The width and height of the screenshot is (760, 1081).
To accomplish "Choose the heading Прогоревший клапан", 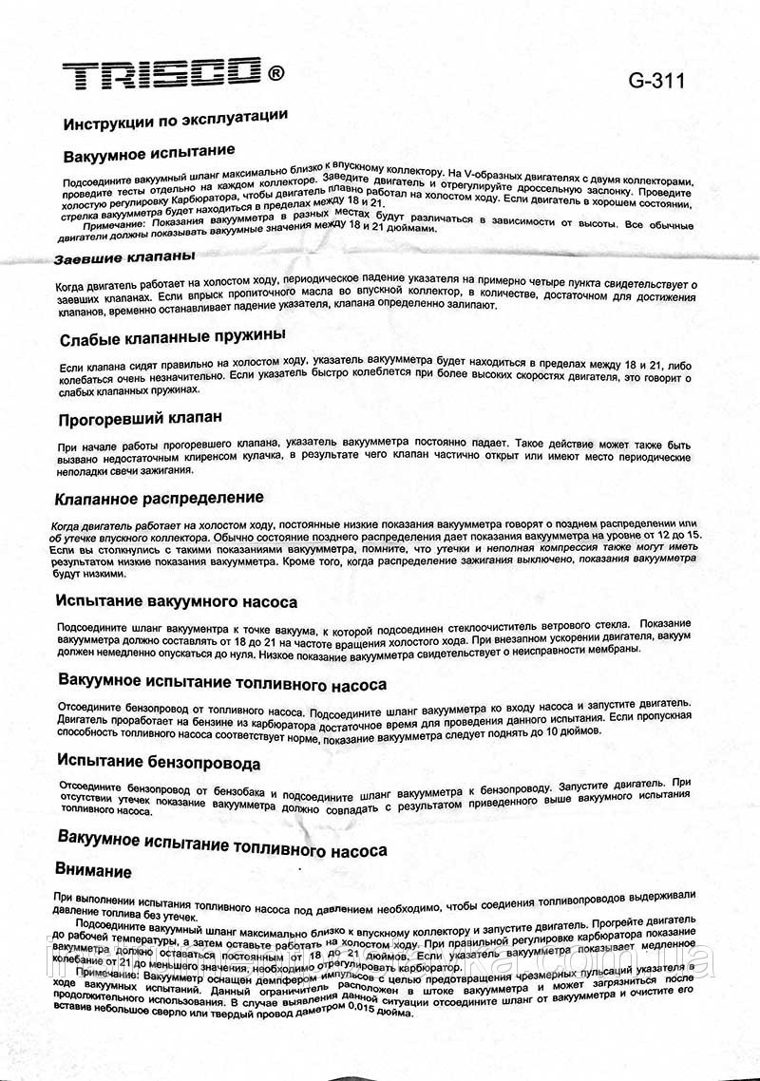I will click(x=140, y=418).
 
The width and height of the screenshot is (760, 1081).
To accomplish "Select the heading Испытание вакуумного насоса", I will click(x=177, y=601).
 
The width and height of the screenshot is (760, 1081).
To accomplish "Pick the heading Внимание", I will click(x=94, y=870).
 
